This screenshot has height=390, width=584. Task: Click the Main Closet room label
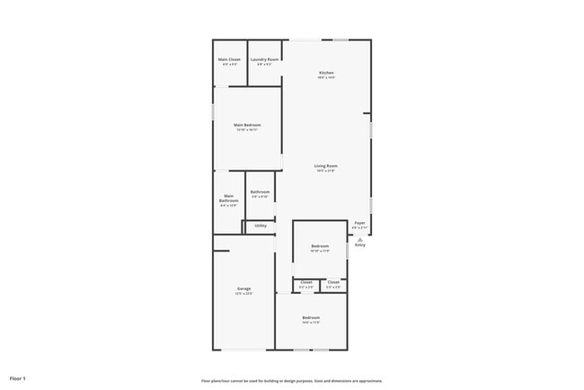tap(229, 59)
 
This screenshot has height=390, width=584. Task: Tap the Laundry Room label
tap(265, 59)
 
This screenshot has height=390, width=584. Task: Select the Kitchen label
tap(326, 73)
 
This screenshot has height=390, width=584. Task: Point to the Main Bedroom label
tap(247, 125)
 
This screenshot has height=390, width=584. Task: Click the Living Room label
tap(325, 165)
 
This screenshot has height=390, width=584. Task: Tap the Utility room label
tap(261, 226)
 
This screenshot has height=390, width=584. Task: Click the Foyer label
tap(359, 222)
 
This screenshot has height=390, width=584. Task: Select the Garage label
tap(243, 288)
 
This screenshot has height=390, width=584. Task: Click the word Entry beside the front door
tap(360, 245)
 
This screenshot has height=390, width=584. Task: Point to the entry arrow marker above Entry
tap(360, 239)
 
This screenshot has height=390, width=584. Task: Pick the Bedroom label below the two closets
tap(311, 317)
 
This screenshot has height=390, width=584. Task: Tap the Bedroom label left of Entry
tap(320, 246)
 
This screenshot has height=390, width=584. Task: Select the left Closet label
tap(306, 282)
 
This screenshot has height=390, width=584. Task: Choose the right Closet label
tap(333, 282)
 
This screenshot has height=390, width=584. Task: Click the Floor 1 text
tap(18, 378)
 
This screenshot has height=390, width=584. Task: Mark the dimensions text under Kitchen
tap(326, 78)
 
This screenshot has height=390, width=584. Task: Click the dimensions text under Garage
tap(243, 294)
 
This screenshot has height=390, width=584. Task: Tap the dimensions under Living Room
tap(325, 171)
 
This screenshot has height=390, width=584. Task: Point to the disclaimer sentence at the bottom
tap(292, 380)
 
